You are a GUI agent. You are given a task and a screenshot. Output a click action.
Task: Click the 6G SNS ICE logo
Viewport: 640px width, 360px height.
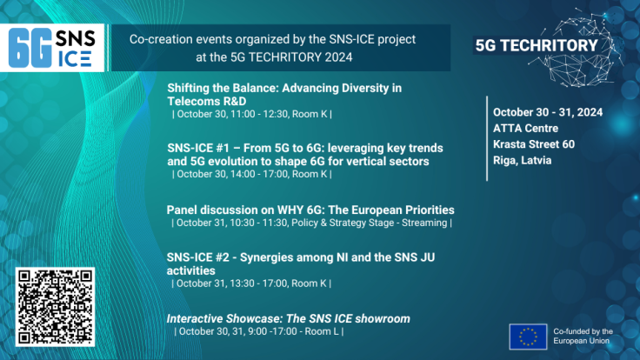click(55, 48)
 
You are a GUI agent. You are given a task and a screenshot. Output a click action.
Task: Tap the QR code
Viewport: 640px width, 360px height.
click(55, 307)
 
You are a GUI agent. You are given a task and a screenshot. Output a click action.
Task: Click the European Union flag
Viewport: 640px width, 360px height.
click(528, 337)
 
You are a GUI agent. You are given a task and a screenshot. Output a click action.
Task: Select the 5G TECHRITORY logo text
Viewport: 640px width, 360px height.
click(537, 45)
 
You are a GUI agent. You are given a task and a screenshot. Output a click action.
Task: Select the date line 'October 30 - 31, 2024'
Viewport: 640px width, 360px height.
click(547, 112)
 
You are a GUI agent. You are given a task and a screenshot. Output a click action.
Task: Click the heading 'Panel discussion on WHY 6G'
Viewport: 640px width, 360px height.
click(310, 210)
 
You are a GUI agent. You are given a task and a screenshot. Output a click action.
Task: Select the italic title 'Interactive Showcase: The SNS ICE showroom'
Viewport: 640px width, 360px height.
click(288, 319)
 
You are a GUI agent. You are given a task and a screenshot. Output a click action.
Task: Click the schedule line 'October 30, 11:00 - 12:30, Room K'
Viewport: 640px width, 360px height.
click(251, 114)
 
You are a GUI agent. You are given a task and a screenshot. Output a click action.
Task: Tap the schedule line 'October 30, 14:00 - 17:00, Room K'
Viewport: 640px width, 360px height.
click(251, 174)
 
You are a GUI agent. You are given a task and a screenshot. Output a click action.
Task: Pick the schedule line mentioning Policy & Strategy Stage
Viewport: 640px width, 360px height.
click(310, 223)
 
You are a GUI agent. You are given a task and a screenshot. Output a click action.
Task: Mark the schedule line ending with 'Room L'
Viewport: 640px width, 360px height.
click(258, 331)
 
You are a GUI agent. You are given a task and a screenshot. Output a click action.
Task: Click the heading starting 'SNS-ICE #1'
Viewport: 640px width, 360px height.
click(298, 154)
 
